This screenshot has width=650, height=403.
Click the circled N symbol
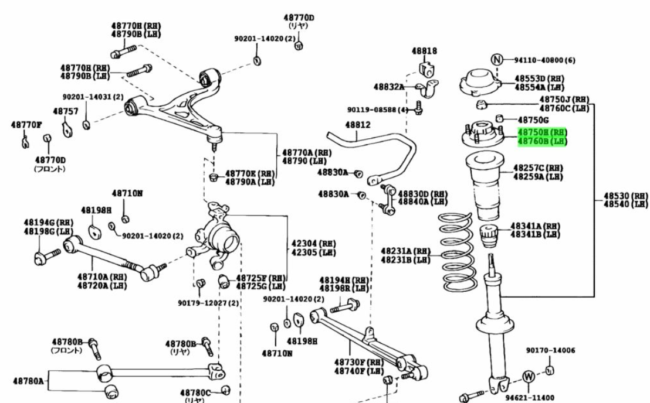pos(497,59)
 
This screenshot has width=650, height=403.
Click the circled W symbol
pos(528,375)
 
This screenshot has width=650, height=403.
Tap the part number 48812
pos(357,125)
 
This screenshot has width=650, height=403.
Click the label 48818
pos(424,51)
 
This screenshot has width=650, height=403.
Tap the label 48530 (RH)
pos(626,196)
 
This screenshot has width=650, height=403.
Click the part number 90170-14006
pos(550,350)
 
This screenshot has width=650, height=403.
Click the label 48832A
pos(389,87)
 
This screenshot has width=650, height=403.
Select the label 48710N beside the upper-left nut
pos(127,193)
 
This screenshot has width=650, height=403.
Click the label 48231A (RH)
pos(405,251)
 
